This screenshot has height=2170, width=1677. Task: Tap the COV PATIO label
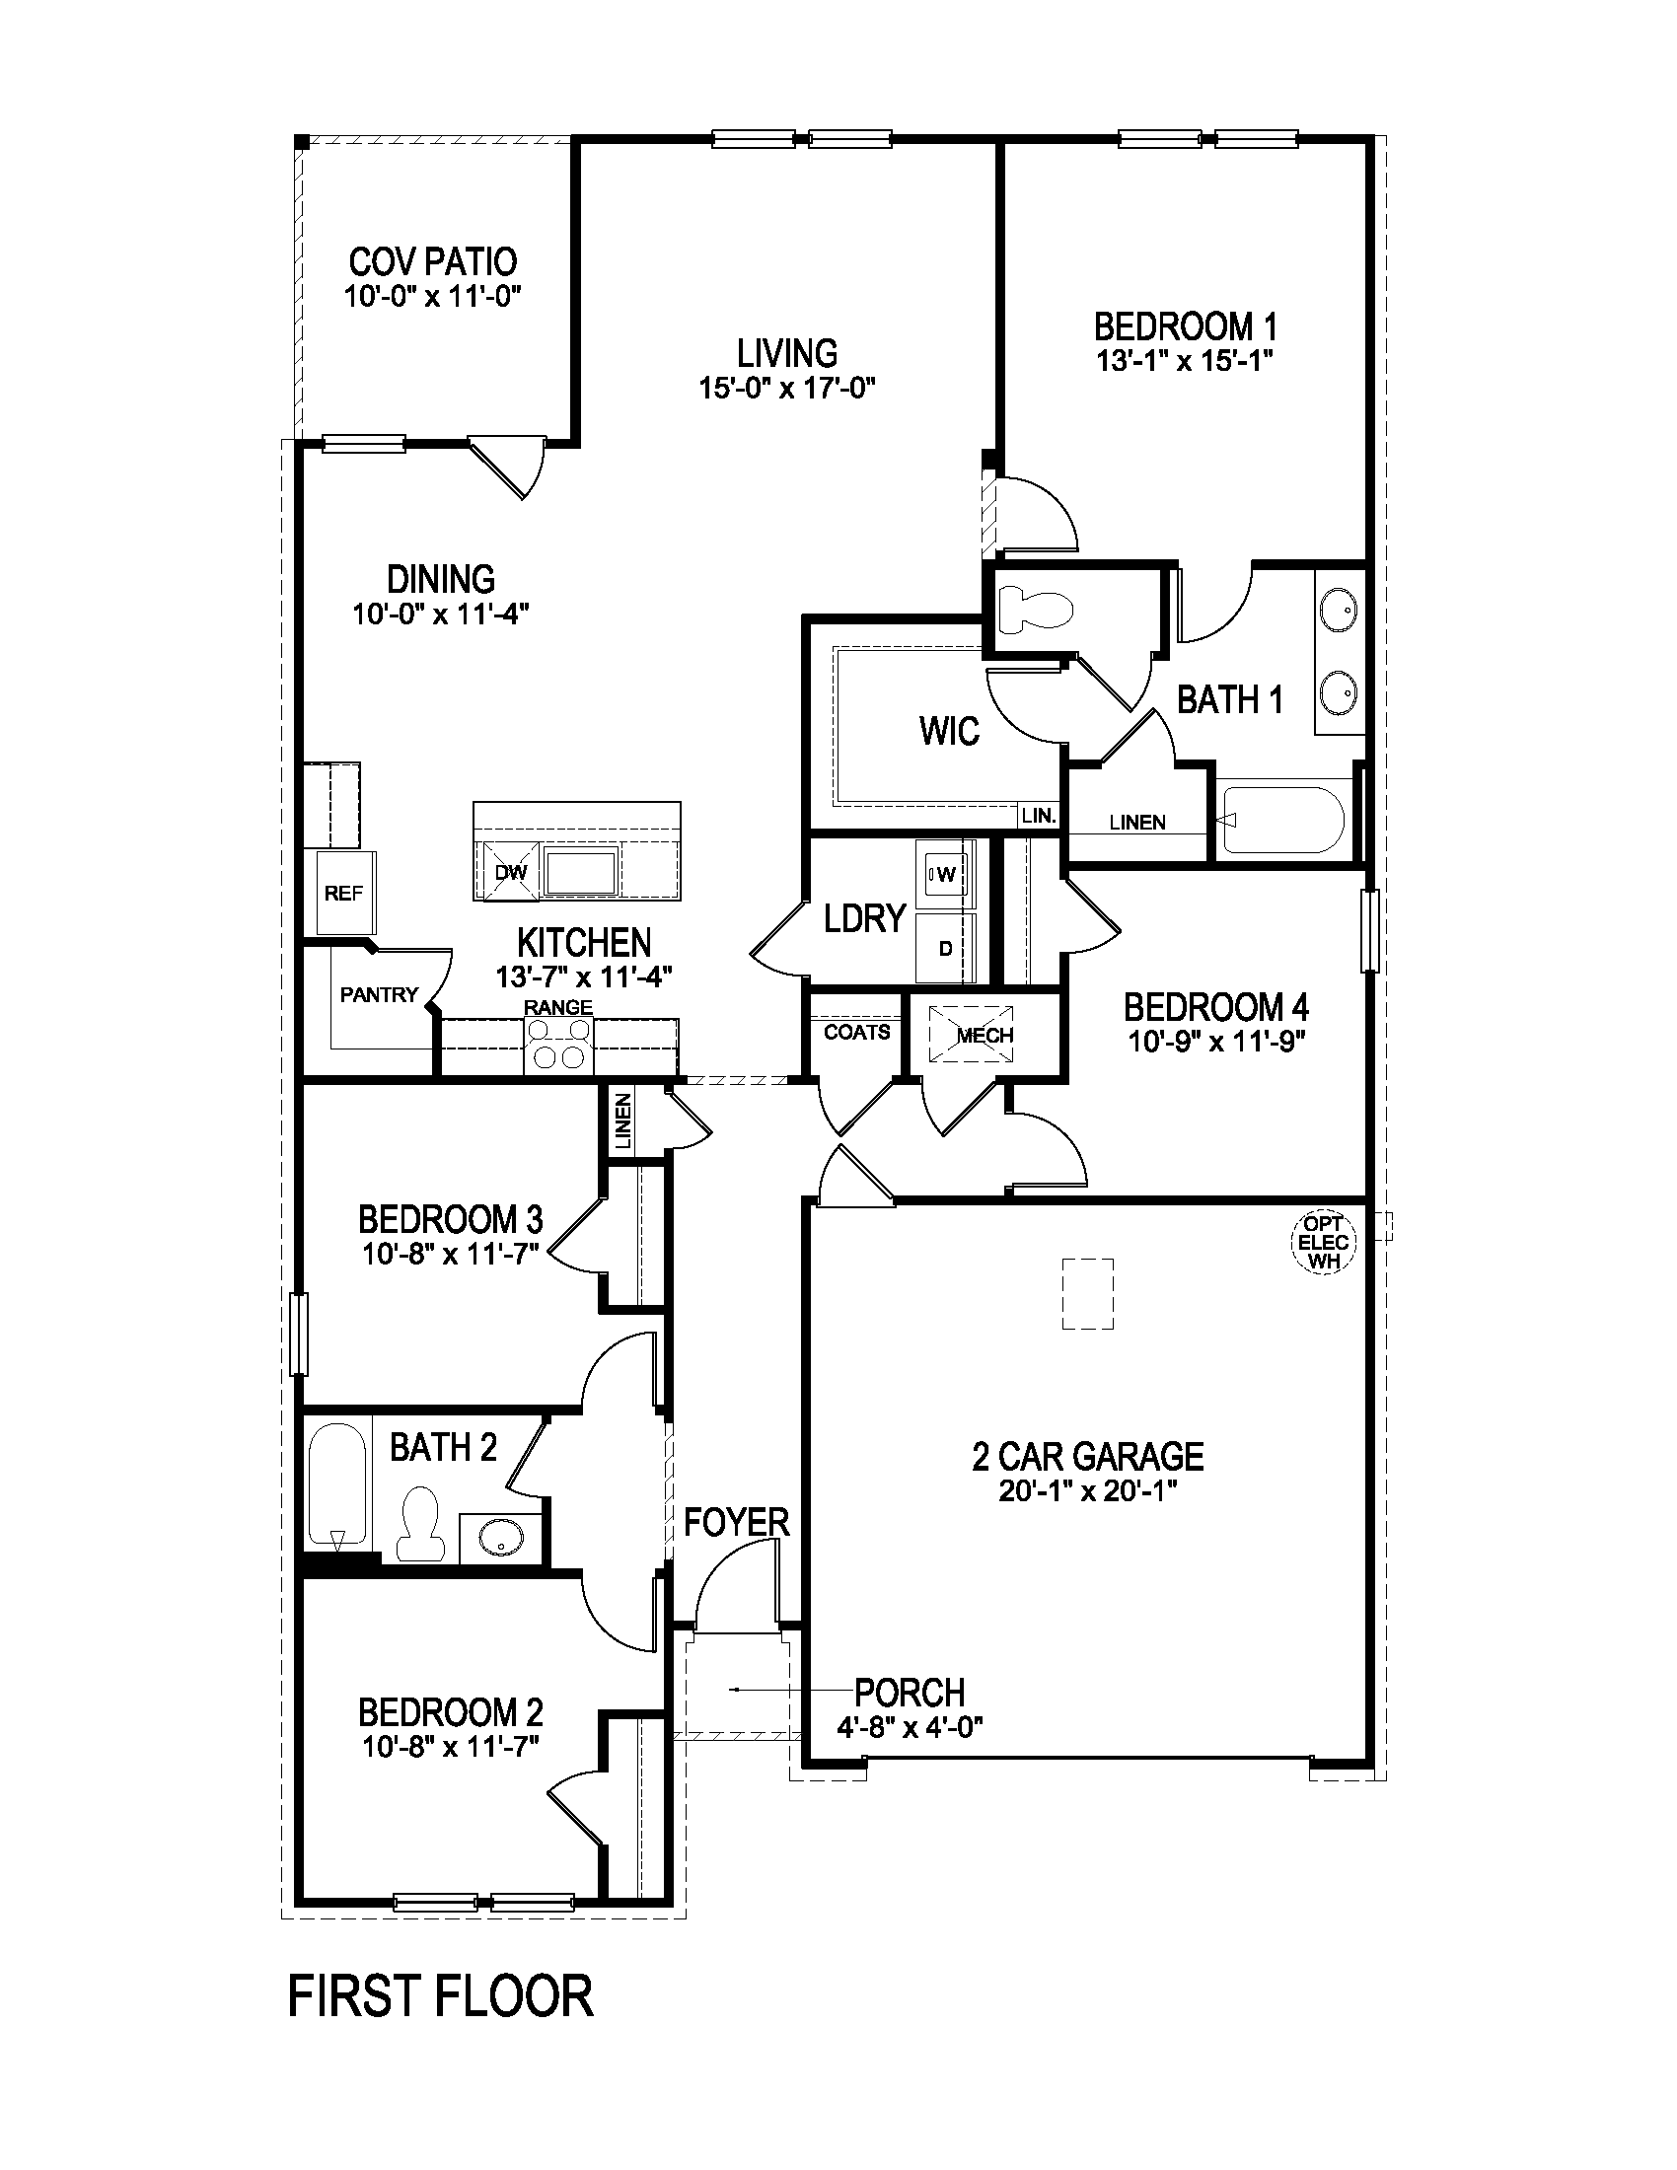point(432,262)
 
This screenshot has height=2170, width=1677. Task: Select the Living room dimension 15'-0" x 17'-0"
point(786,388)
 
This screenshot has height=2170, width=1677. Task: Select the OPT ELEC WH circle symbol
point(1322,1243)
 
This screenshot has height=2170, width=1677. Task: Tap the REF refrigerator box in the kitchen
point(343,894)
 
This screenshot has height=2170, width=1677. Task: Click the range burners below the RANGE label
point(558,1048)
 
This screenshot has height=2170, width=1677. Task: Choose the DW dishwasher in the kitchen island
point(510,872)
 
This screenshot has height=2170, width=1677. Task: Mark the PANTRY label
point(379,994)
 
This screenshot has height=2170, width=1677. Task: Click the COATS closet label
point(856,1033)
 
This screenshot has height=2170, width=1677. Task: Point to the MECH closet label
point(984,1036)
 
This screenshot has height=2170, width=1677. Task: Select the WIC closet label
point(949,732)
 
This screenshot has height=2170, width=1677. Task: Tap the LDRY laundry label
point(864,919)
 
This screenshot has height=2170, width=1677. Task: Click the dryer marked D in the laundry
point(945,948)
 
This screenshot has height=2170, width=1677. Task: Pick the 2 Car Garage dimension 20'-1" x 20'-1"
point(1087,1490)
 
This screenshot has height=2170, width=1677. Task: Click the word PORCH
point(910,1692)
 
